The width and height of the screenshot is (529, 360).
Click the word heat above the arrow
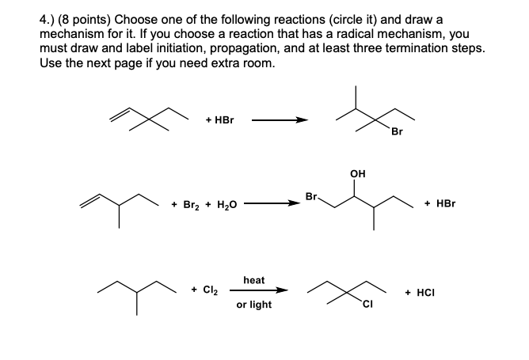click(x=254, y=280)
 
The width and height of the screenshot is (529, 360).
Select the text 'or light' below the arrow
click(x=253, y=305)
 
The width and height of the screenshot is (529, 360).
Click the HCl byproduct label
click(x=421, y=291)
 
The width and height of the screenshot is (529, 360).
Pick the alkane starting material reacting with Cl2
click(x=135, y=291)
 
